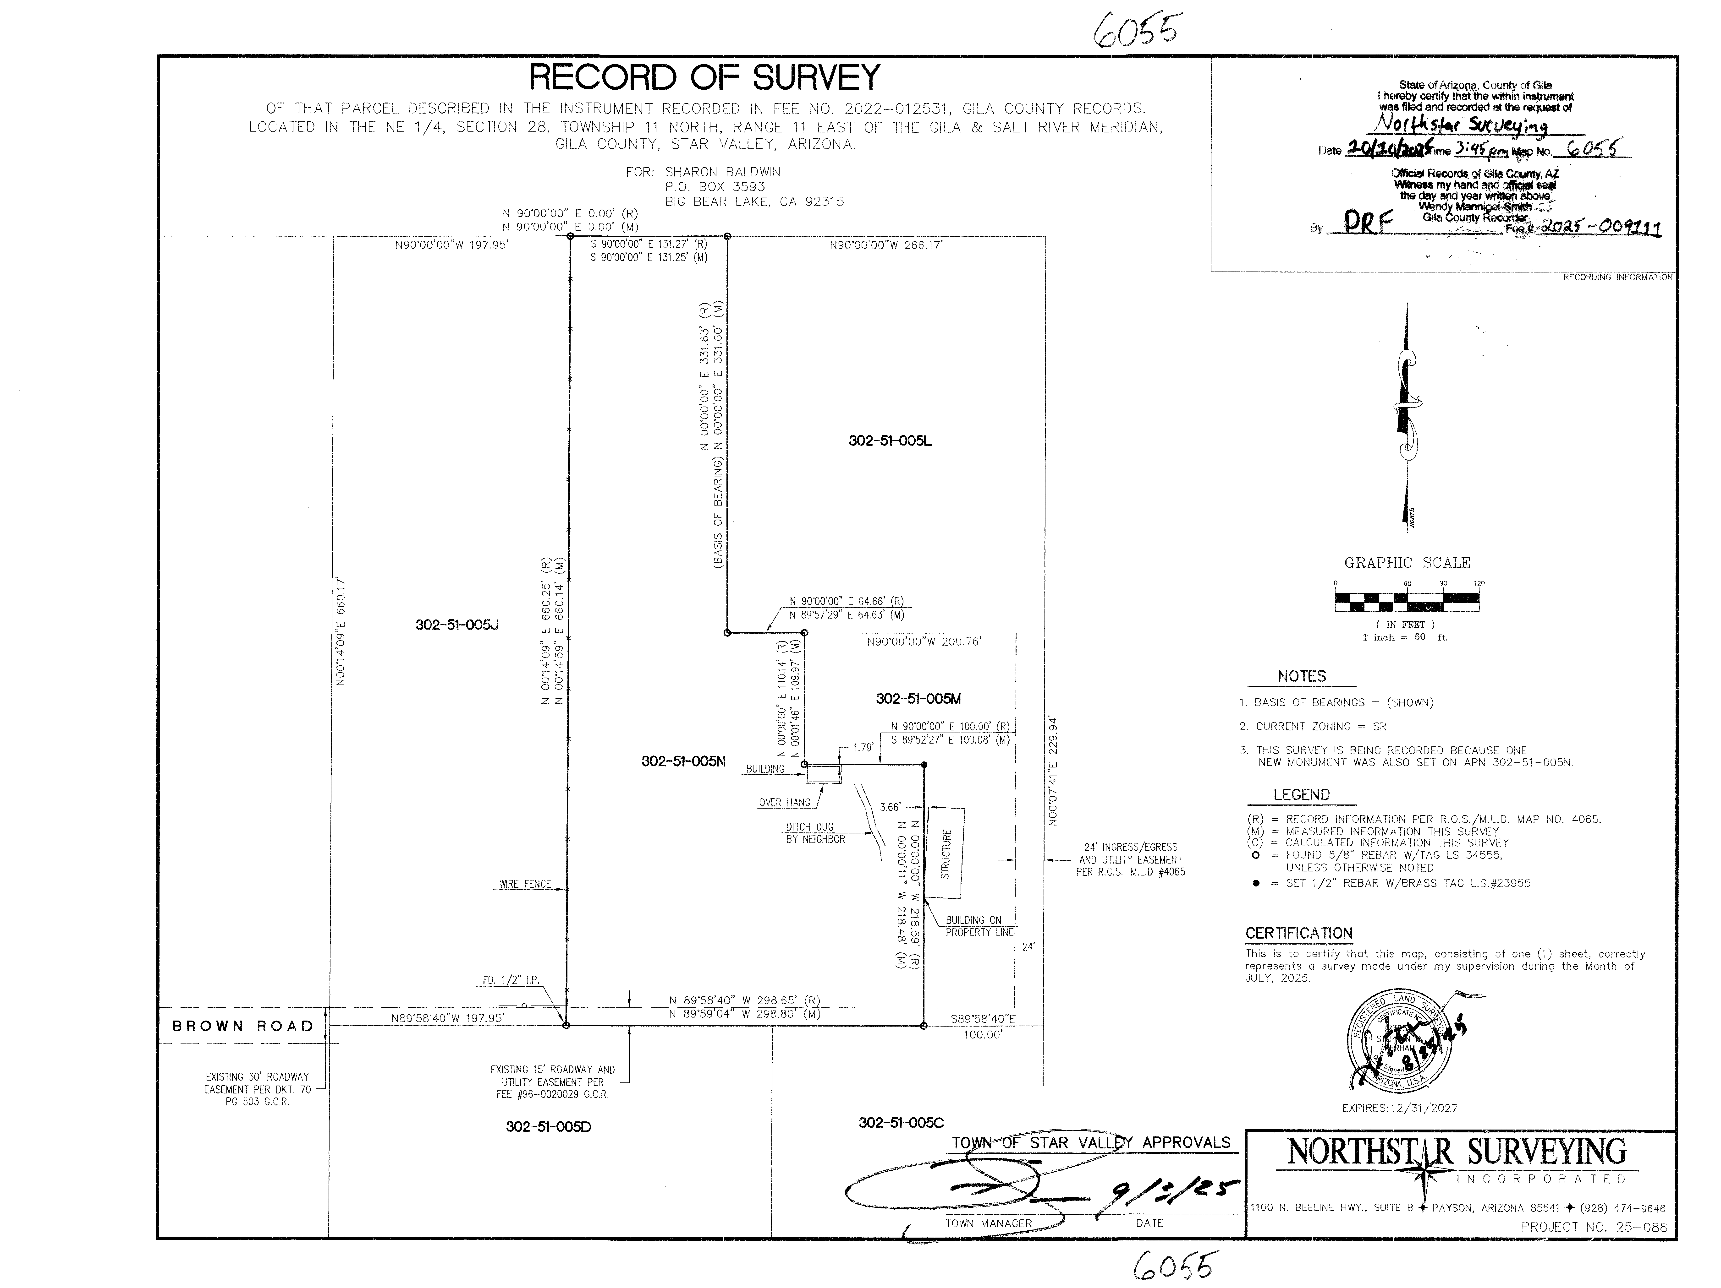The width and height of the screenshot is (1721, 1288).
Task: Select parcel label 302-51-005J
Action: click(x=457, y=625)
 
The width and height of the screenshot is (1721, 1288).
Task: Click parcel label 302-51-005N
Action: click(x=683, y=761)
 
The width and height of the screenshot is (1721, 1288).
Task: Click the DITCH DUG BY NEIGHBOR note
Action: click(x=815, y=833)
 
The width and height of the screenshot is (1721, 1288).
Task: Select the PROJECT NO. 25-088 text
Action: click(x=1594, y=1227)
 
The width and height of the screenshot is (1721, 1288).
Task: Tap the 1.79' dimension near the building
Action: click(x=863, y=748)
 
